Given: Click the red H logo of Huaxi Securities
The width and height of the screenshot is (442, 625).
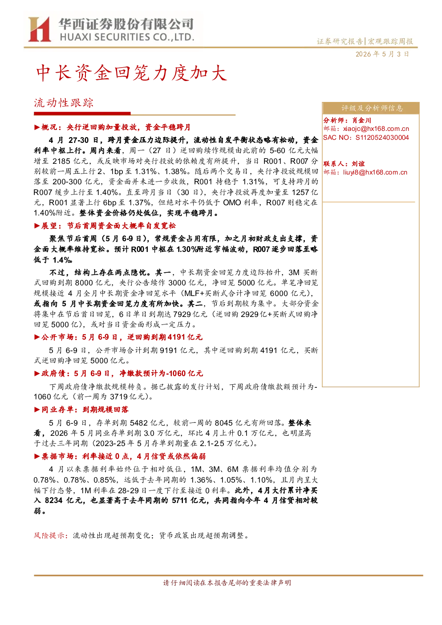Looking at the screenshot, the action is point(39,29).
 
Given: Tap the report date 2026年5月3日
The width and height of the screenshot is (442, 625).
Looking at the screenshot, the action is point(382,54).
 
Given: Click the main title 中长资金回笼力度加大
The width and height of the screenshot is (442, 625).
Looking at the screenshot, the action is point(131,73).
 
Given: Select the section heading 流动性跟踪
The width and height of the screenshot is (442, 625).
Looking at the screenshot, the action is point(64,103).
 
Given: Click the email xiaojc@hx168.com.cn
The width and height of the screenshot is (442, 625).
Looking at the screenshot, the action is point(376,129).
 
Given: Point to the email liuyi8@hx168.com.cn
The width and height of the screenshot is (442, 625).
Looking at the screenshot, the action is point(375,172).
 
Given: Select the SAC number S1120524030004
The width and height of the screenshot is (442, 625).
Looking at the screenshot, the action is point(382,138).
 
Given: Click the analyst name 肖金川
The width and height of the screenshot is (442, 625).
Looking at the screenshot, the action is point(361,120).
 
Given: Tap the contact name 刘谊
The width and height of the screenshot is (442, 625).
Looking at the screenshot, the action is point(358,164).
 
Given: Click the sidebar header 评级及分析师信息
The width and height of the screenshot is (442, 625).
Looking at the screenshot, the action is point(372,108).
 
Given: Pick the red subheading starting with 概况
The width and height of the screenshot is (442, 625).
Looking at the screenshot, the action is point(112,127).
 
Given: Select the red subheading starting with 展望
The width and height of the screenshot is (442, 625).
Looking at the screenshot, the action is point(105,226).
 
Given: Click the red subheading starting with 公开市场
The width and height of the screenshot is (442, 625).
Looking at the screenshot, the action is point(118,337).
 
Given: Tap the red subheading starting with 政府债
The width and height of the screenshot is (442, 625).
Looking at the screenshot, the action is point(118,373).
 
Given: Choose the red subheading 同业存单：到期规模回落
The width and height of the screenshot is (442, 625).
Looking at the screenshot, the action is point(81,410).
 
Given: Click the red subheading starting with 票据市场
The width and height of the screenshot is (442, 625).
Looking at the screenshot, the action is point(120,456).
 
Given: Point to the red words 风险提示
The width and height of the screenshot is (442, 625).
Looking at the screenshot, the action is point(50,536).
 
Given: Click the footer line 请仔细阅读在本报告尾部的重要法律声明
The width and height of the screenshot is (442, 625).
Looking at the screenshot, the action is point(227,583).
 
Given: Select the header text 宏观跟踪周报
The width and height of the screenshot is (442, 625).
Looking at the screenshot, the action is point(390,41).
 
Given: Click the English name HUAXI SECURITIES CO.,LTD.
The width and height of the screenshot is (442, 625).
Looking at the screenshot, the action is point(127,37).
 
